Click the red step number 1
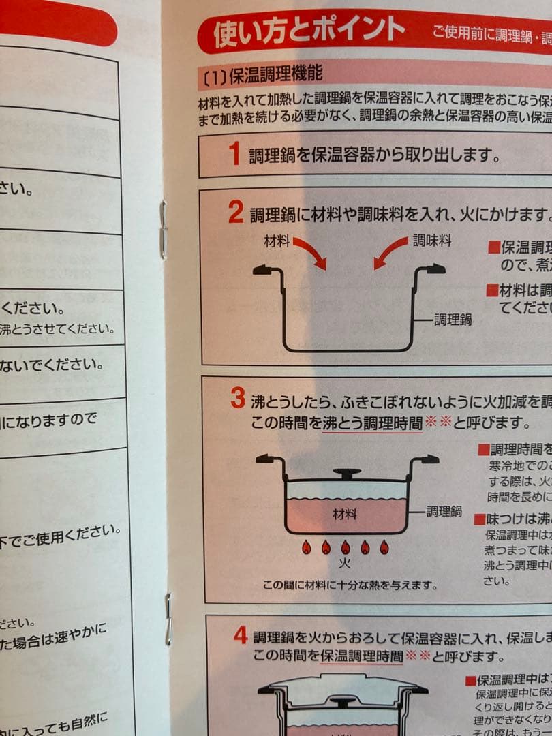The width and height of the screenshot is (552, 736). pyautogui.click(x=234, y=154)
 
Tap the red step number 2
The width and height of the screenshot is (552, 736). pyautogui.click(x=236, y=213)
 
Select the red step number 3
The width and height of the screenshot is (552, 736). pyautogui.click(x=237, y=399)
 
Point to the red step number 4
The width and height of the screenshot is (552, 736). pyautogui.click(x=240, y=636)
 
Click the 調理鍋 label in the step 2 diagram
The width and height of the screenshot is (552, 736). pyautogui.click(x=453, y=319)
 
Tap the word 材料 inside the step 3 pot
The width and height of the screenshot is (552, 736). pyautogui.click(x=344, y=515)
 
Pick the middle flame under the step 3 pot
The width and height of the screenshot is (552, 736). pyautogui.click(x=346, y=547)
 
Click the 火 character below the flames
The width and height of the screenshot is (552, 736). pyautogui.click(x=346, y=565)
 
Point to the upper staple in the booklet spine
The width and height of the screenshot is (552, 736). pyautogui.click(x=162, y=230)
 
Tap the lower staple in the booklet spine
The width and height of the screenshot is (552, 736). pyautogui.click(x=168, y=617)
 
